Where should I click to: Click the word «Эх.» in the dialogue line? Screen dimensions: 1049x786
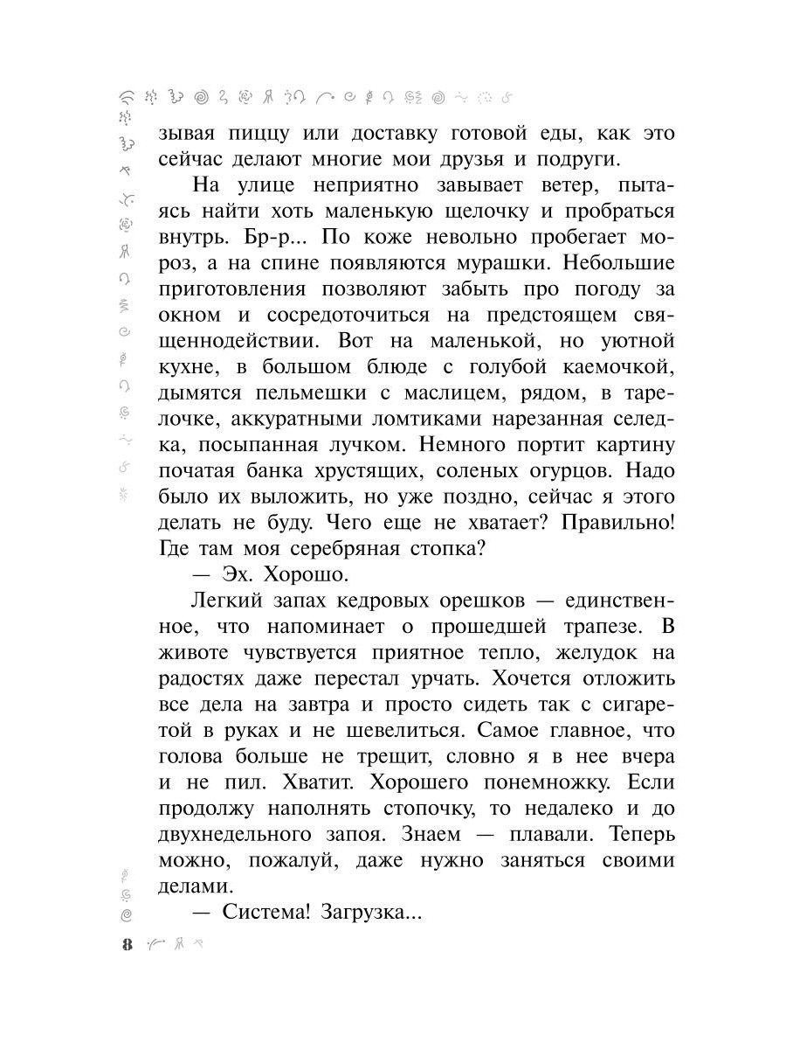click(x=239, y=575)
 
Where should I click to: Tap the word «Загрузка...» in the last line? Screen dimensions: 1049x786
click(x=372, y=913)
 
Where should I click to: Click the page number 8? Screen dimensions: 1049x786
click(x=128, y=945)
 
